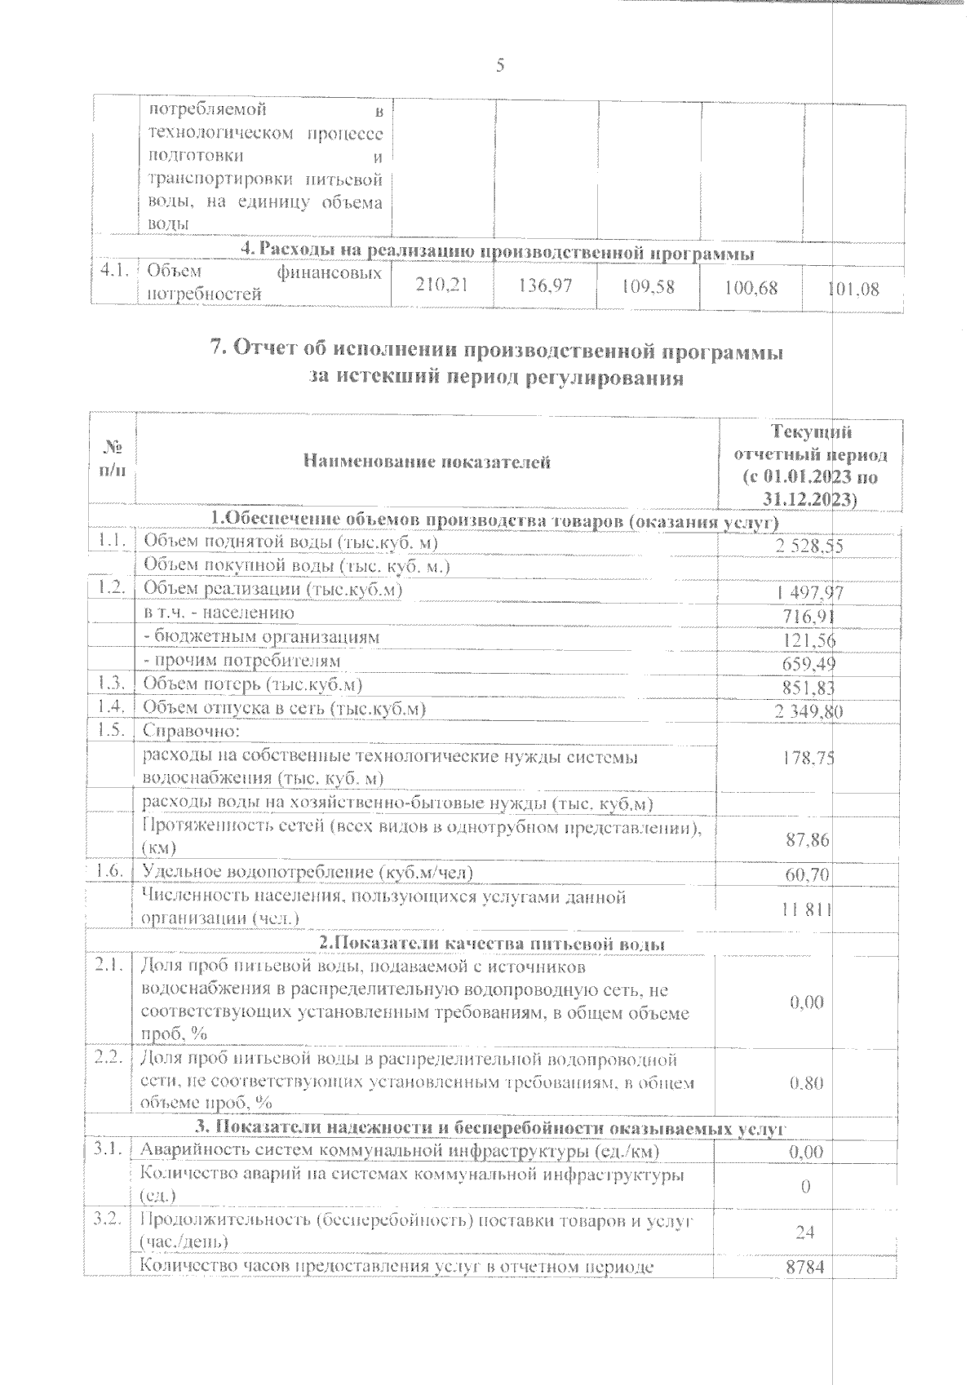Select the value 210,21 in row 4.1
coord(442,286)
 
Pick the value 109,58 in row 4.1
coord(648,287)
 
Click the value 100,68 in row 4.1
coord(751,288)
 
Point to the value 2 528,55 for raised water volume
coord(808,546)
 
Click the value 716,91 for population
coord(811,617)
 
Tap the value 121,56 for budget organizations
coord(811,641)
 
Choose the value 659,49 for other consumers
coord(811,665)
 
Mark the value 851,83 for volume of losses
coord(811,688)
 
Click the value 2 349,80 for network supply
coord(808,712)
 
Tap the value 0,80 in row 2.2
coord(807,1082)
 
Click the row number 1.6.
coord(109,872)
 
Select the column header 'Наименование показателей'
coord(427,462)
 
